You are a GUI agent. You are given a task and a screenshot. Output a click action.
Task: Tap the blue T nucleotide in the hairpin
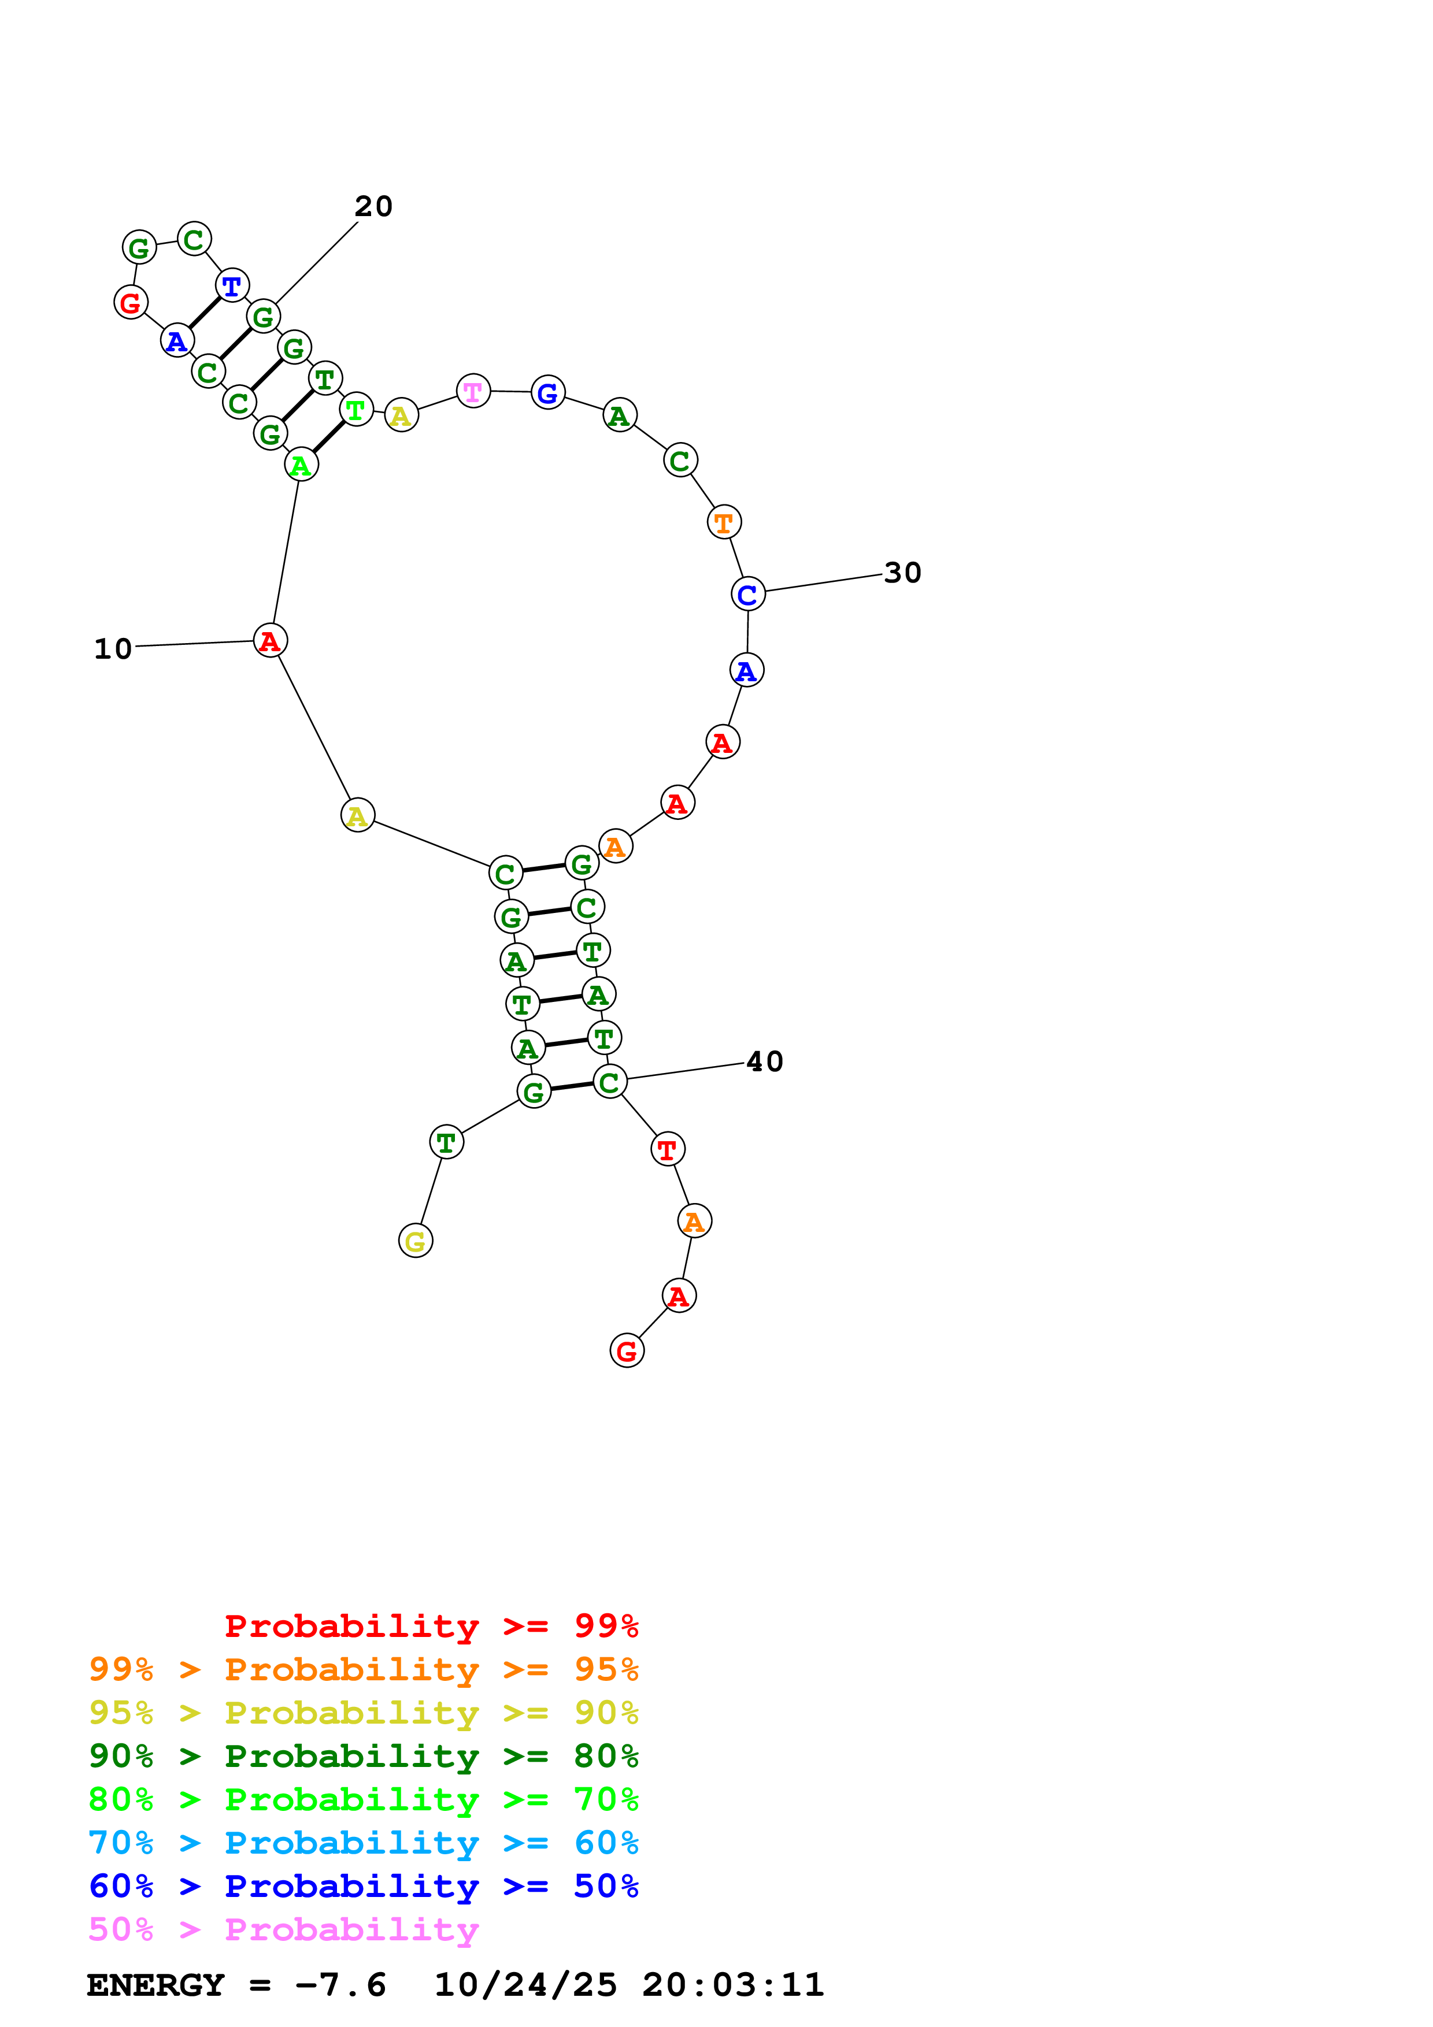tap(231, 285)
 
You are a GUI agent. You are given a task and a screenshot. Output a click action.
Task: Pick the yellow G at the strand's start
tap(415, 1241)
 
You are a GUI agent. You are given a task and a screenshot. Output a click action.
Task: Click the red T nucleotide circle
tap(668, 1149)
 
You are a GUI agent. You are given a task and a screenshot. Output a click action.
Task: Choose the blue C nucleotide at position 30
tap(748, 593)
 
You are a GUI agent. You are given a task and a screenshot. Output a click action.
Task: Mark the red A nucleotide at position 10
tap(270, 640)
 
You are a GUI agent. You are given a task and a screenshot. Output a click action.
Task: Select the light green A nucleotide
tap(301, 465)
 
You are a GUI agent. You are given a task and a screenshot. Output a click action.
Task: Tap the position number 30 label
tap(902, 573)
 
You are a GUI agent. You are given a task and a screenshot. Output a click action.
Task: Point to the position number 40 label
tap(765, 1061)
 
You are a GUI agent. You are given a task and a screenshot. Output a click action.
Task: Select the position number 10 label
tap(113, 649)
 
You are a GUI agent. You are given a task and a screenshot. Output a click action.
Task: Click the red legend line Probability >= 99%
tap(431, 1625)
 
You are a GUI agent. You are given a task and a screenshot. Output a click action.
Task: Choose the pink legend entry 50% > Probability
tap(283, 1929)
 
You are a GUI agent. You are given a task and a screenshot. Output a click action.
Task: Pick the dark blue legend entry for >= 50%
tap(363, 1886)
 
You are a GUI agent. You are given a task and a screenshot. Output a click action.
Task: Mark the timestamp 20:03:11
tap(733, 1985)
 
